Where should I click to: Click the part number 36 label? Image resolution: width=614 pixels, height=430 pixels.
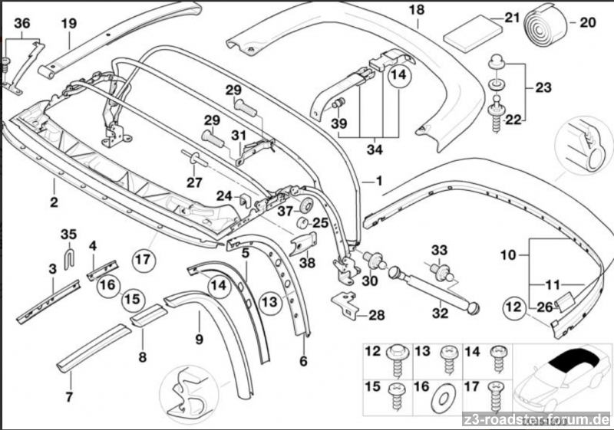[x=23, y=25]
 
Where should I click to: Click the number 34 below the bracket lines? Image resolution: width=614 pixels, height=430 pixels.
[x=374, y=149]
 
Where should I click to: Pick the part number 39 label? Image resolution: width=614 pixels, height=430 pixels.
[x=339, y=123]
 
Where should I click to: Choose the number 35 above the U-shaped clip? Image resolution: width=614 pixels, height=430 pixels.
[x=69, y=233]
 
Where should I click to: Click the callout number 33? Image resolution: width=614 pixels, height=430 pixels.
[x=438, y=250]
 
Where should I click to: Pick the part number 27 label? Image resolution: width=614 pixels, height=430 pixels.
[x=194, y=182]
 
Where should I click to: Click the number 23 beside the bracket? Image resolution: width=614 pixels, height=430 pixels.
[x=543, y=88]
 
